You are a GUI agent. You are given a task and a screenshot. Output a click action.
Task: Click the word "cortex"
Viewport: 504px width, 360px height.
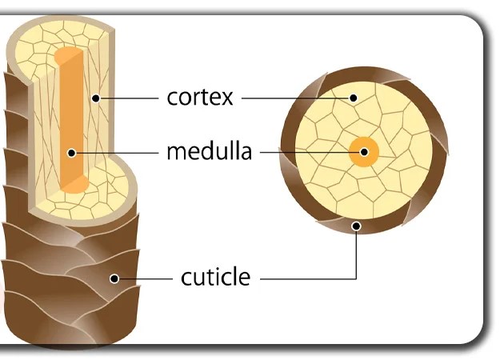[x=199, y=98]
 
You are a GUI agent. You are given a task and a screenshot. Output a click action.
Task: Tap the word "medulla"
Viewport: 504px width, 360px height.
[x=209, y=150]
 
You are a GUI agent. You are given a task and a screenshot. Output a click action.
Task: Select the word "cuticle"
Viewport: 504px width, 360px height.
[x=215, y=278]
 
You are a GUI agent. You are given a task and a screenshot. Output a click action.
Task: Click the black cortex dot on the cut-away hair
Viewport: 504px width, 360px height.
[x=94, y=98]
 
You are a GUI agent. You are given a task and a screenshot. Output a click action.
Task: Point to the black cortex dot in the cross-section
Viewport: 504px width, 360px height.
[x=354, y=98]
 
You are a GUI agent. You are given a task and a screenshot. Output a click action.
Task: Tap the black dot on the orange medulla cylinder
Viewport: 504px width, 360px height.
[x=71, y=151]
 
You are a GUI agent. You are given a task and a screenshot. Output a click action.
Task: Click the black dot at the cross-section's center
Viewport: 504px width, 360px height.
[x=364, y=151]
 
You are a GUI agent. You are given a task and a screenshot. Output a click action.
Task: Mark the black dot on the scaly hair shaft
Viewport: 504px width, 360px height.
[x=114, y=278]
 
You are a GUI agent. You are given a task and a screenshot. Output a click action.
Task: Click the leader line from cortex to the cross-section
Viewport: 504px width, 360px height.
[x=296, y=98]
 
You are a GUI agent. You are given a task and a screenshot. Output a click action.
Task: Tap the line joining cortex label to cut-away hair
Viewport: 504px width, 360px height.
[x=128, y=98]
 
